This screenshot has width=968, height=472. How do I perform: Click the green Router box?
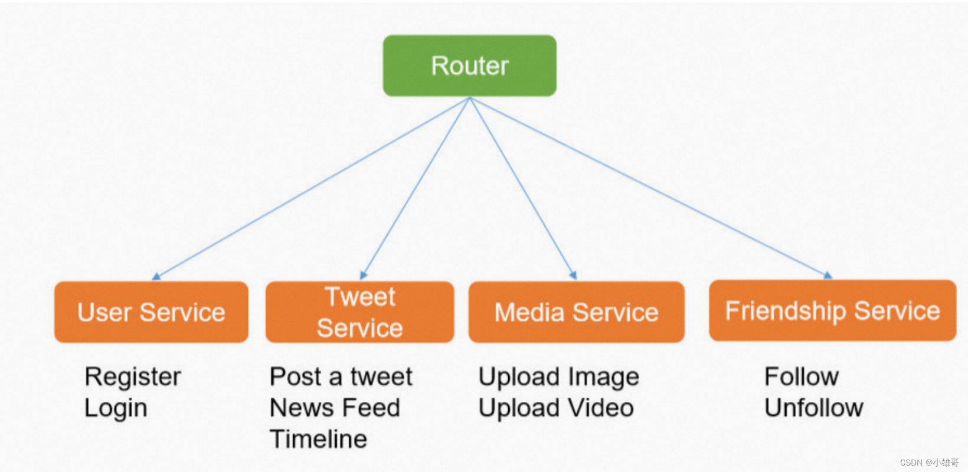tap(469, 65)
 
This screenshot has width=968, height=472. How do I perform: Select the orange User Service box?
tap(151, 312)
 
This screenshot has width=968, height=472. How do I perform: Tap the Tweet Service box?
tap(359, 312)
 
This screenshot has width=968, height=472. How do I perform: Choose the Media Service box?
tap(576, 312)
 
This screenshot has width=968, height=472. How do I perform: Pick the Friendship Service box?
tap(832, 311)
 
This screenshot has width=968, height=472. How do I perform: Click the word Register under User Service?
tap(133, 377)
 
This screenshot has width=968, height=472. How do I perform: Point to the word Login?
tap(116, 408)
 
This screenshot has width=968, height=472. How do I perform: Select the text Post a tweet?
tap(341, 377)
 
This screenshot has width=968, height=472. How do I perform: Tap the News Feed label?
tap(335, 408)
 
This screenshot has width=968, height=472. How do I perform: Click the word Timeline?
tap(318, 439)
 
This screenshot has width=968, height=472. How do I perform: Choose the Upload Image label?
tap(558, 377)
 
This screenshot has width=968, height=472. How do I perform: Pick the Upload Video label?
tap(556, 408)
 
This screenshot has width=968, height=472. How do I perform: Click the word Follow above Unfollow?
tap(801, 376)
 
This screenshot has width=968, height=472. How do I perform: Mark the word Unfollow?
tap(813, 408)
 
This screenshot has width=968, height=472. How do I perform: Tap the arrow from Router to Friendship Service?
tap(649, 188)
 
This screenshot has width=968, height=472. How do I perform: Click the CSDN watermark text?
tap(929, 463)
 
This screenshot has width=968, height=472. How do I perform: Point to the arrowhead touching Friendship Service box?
tap(828, 276)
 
